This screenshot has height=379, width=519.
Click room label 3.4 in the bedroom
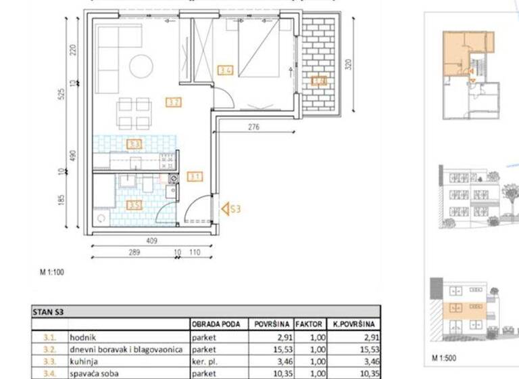coord(226,69)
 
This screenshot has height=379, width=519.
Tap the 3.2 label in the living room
coord(174,103)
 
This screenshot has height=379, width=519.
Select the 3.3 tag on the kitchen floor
coord(134,144)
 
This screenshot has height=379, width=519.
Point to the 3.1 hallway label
coord(195,177)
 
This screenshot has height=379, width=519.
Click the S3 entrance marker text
coord(234,209)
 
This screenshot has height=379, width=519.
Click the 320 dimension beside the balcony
coord(349,65)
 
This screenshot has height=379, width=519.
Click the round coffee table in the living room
coord(142,66)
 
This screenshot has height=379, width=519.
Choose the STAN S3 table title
coord(50,312)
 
